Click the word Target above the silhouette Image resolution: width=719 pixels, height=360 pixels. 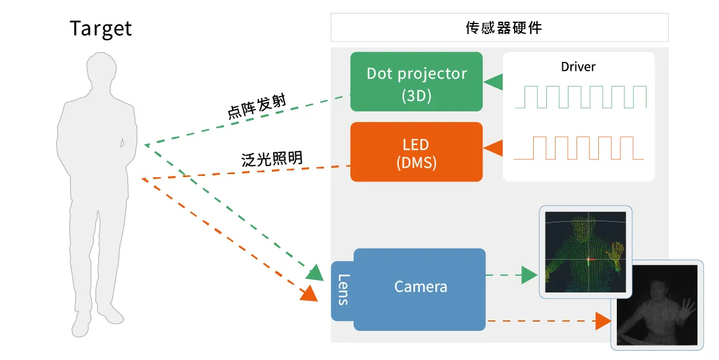tap(101, 29)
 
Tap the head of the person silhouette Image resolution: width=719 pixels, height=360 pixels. tap(100, 73)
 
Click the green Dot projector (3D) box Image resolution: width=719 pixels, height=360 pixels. tap(416, 82)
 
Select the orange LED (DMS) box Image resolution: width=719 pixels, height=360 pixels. tap(416, 152)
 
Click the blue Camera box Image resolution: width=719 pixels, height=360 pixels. tap(420, 288)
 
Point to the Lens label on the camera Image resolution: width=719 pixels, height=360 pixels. tap(342, 289)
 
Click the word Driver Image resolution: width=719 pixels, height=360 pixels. tap(578, 66)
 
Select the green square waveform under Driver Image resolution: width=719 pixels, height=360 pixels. tap(578, 97)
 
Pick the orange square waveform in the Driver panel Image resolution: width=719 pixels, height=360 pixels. tap(578, 147)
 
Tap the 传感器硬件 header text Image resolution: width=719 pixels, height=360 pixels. tap(499, 28)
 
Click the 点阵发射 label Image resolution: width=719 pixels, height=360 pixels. tap(256, 107)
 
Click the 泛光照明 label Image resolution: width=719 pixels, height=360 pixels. tap(272, 158)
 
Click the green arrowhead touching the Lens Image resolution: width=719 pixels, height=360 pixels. tap(315, 272)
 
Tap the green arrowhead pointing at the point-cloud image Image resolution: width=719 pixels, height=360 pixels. tap(529, 274)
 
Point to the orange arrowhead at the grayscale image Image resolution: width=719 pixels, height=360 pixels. tap(603, 321)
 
